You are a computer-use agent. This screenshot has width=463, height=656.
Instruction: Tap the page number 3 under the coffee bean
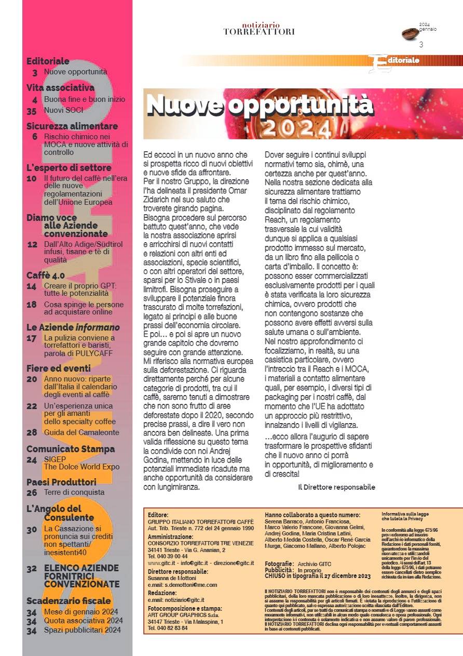click(421, 45)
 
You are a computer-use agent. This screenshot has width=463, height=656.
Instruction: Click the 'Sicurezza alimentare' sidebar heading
click(72, 126)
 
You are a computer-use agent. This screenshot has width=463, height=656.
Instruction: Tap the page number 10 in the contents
click(31, 178)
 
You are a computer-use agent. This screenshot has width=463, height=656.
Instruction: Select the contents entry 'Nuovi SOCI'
click(63, 110)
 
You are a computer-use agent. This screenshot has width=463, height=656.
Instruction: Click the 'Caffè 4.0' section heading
click(46, 275)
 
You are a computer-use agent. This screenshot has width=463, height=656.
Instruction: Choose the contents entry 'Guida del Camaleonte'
click(81, 432)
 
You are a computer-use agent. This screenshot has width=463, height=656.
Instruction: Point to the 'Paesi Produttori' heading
click(61, 481)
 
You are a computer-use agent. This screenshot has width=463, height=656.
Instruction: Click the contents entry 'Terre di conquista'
click(74, 492)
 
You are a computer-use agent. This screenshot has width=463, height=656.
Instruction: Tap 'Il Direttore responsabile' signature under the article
click(336, 487)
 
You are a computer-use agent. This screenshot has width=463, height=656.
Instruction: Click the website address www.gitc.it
click(161, 562)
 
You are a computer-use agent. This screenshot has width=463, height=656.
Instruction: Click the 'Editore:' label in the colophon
click(158, 515)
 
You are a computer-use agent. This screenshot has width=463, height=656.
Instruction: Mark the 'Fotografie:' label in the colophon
click(279, 564)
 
